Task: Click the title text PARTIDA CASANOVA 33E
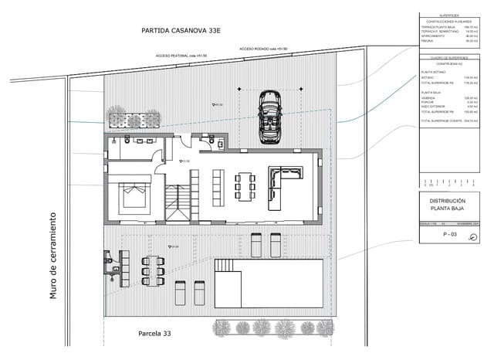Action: pyautogui.click(x=181, y=31)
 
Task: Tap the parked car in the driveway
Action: pyautogui.click(x=269, y=117)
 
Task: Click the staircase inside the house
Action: pyautogui.click(x=176, y=202)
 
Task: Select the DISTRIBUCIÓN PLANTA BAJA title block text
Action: pyautogui.click(x=448, y=205)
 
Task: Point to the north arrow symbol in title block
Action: pyautogui.click(x=472, y=238)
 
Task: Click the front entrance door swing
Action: pyautogui.click(x=179, y=140)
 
